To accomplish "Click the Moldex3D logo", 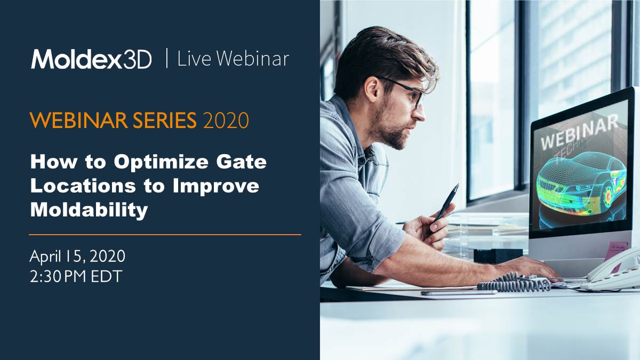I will pos(91,59).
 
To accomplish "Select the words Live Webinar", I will pos(233,59).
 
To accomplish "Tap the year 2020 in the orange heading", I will pos(226,121).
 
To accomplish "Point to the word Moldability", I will pos(89,210).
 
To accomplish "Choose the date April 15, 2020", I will pos(77,257).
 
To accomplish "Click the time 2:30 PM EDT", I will pos(76,277).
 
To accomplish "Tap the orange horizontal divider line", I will pos(165,234).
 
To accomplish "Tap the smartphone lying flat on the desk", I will pos(459,292).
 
